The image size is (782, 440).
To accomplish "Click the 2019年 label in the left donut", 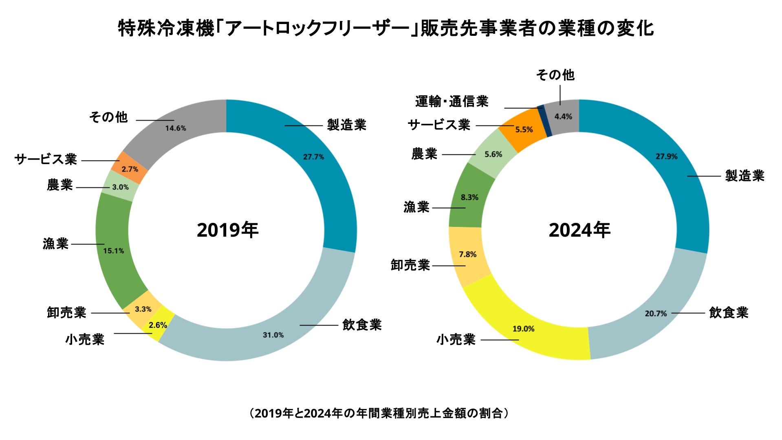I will (x=227, y=230).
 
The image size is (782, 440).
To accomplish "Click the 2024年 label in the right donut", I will (x=579, y=230).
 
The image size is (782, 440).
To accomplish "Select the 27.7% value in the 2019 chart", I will (x=313, y=157).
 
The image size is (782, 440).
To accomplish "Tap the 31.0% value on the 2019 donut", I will (x=273, y=335).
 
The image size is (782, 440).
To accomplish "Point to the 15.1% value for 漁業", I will (x=113, y=251).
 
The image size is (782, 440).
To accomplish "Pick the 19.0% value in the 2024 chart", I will (x=523, y=329).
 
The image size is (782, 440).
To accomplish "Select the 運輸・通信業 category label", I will (x=452, y=101).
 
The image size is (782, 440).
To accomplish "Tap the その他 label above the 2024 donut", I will (x=555, y=75).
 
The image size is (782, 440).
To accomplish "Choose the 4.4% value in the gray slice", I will (x=563, y=117).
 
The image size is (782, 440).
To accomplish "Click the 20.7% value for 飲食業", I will (x=656, y=313).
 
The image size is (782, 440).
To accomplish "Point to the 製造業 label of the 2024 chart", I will (x=745, y=176).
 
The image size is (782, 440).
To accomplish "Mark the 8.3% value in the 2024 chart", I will (x=469, y=197).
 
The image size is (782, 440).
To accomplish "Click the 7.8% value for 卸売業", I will (x=467, y=254).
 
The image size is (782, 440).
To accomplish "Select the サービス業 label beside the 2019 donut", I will (x=46, y=159).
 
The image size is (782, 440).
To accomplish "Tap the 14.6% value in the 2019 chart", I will (x=176, y=128).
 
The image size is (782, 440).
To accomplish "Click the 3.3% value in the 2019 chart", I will (x=143, y=309).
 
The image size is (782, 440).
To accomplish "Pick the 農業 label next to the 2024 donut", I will (x=424, y=154).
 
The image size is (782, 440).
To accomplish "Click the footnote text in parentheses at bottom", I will (x=379, y=414).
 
